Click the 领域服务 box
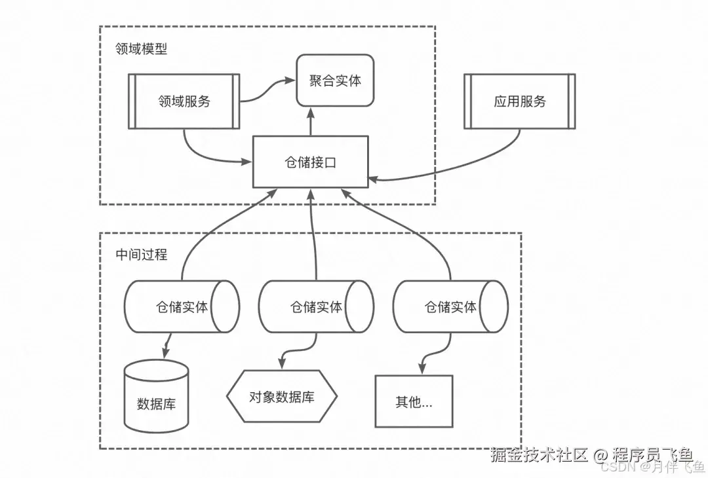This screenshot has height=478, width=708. [184, 101]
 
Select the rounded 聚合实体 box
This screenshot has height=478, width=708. [335, 81]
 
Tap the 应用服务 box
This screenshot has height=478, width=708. [519, 101]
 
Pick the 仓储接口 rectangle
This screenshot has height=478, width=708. [311, 162]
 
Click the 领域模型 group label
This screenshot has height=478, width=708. [141, 49]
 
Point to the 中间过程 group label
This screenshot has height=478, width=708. [141, 255]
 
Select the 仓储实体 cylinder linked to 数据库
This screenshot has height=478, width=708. [182, 306]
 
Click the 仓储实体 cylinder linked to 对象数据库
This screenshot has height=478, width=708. [316, 306]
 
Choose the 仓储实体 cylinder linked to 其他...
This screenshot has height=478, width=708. [450, 306]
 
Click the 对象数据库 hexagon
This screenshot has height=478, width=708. [281, 397]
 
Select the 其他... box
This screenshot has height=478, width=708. [414, 401]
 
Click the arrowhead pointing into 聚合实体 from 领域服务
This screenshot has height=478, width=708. [289, 81]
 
